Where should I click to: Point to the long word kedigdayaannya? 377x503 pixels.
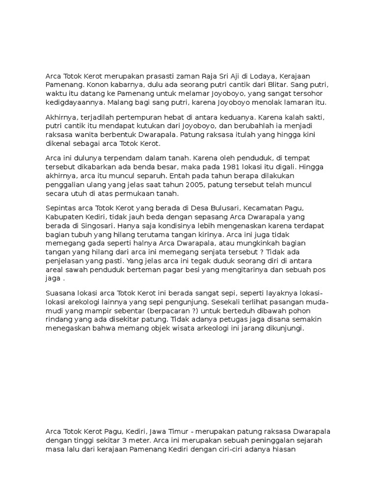[74, 102]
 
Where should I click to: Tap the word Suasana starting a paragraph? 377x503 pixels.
[61, 293]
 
